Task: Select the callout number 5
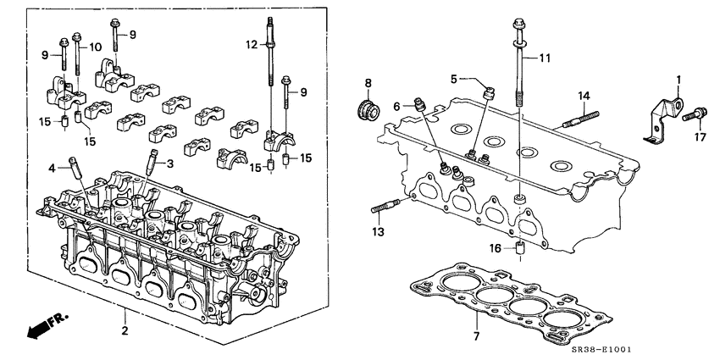454,79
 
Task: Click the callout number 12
251,43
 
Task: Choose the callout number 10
96,46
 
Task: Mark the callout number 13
377,230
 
